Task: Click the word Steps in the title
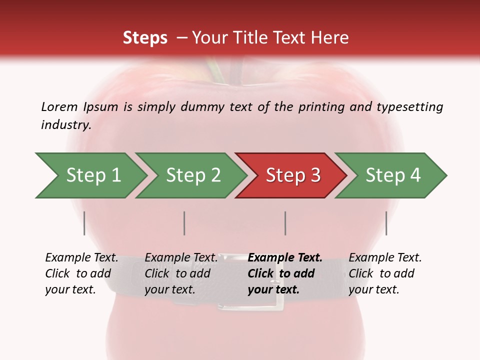pos(145,38)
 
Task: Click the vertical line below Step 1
pos(84,223)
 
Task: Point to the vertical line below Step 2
pos(184,223)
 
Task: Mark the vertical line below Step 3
pos(285,223)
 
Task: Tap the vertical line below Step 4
pos(386,223)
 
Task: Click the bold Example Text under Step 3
pos(285,258)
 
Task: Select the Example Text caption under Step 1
pos(81,258)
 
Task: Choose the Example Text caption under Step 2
pos(181,258)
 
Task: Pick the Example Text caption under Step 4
pos(385,258)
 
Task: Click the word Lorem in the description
pos(59,106)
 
